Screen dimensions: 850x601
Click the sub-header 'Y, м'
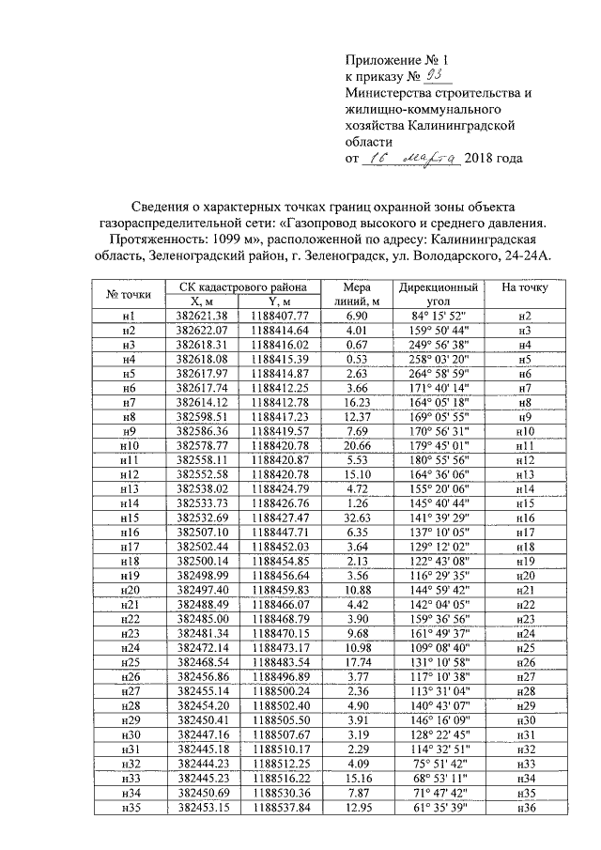[x=277, y=301]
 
